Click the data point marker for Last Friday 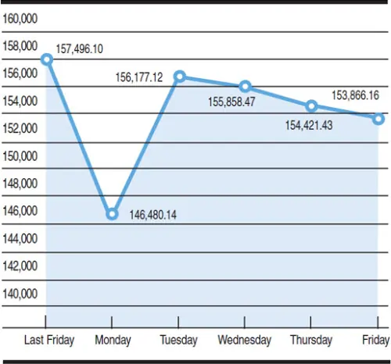[46, 59]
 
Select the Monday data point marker [112, 214]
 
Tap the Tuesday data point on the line [179, 77]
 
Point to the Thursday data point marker [311, 105]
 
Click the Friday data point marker [378, 119]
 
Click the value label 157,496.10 [90, 49]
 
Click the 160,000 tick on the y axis [20, 17]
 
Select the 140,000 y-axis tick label [20, 293]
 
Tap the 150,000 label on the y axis [20, 155]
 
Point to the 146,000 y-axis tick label [20, 210]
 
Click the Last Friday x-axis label [49, 340]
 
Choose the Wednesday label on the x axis [245, 340]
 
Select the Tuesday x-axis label [178, 340]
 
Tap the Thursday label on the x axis [311, 340]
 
